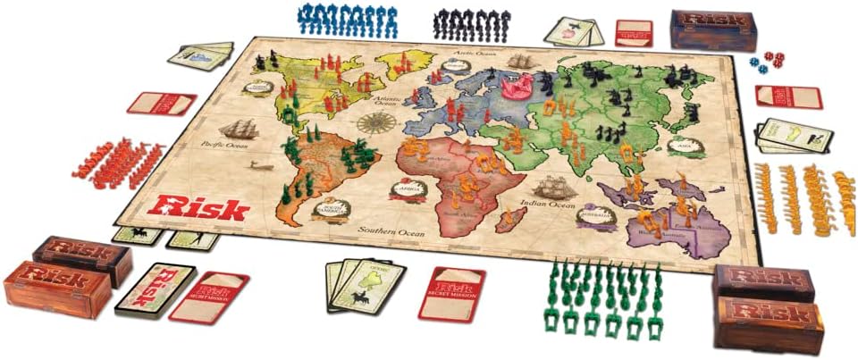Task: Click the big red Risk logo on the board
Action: click(x=198, y=208)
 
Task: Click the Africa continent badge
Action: click(x=408, y=190)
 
